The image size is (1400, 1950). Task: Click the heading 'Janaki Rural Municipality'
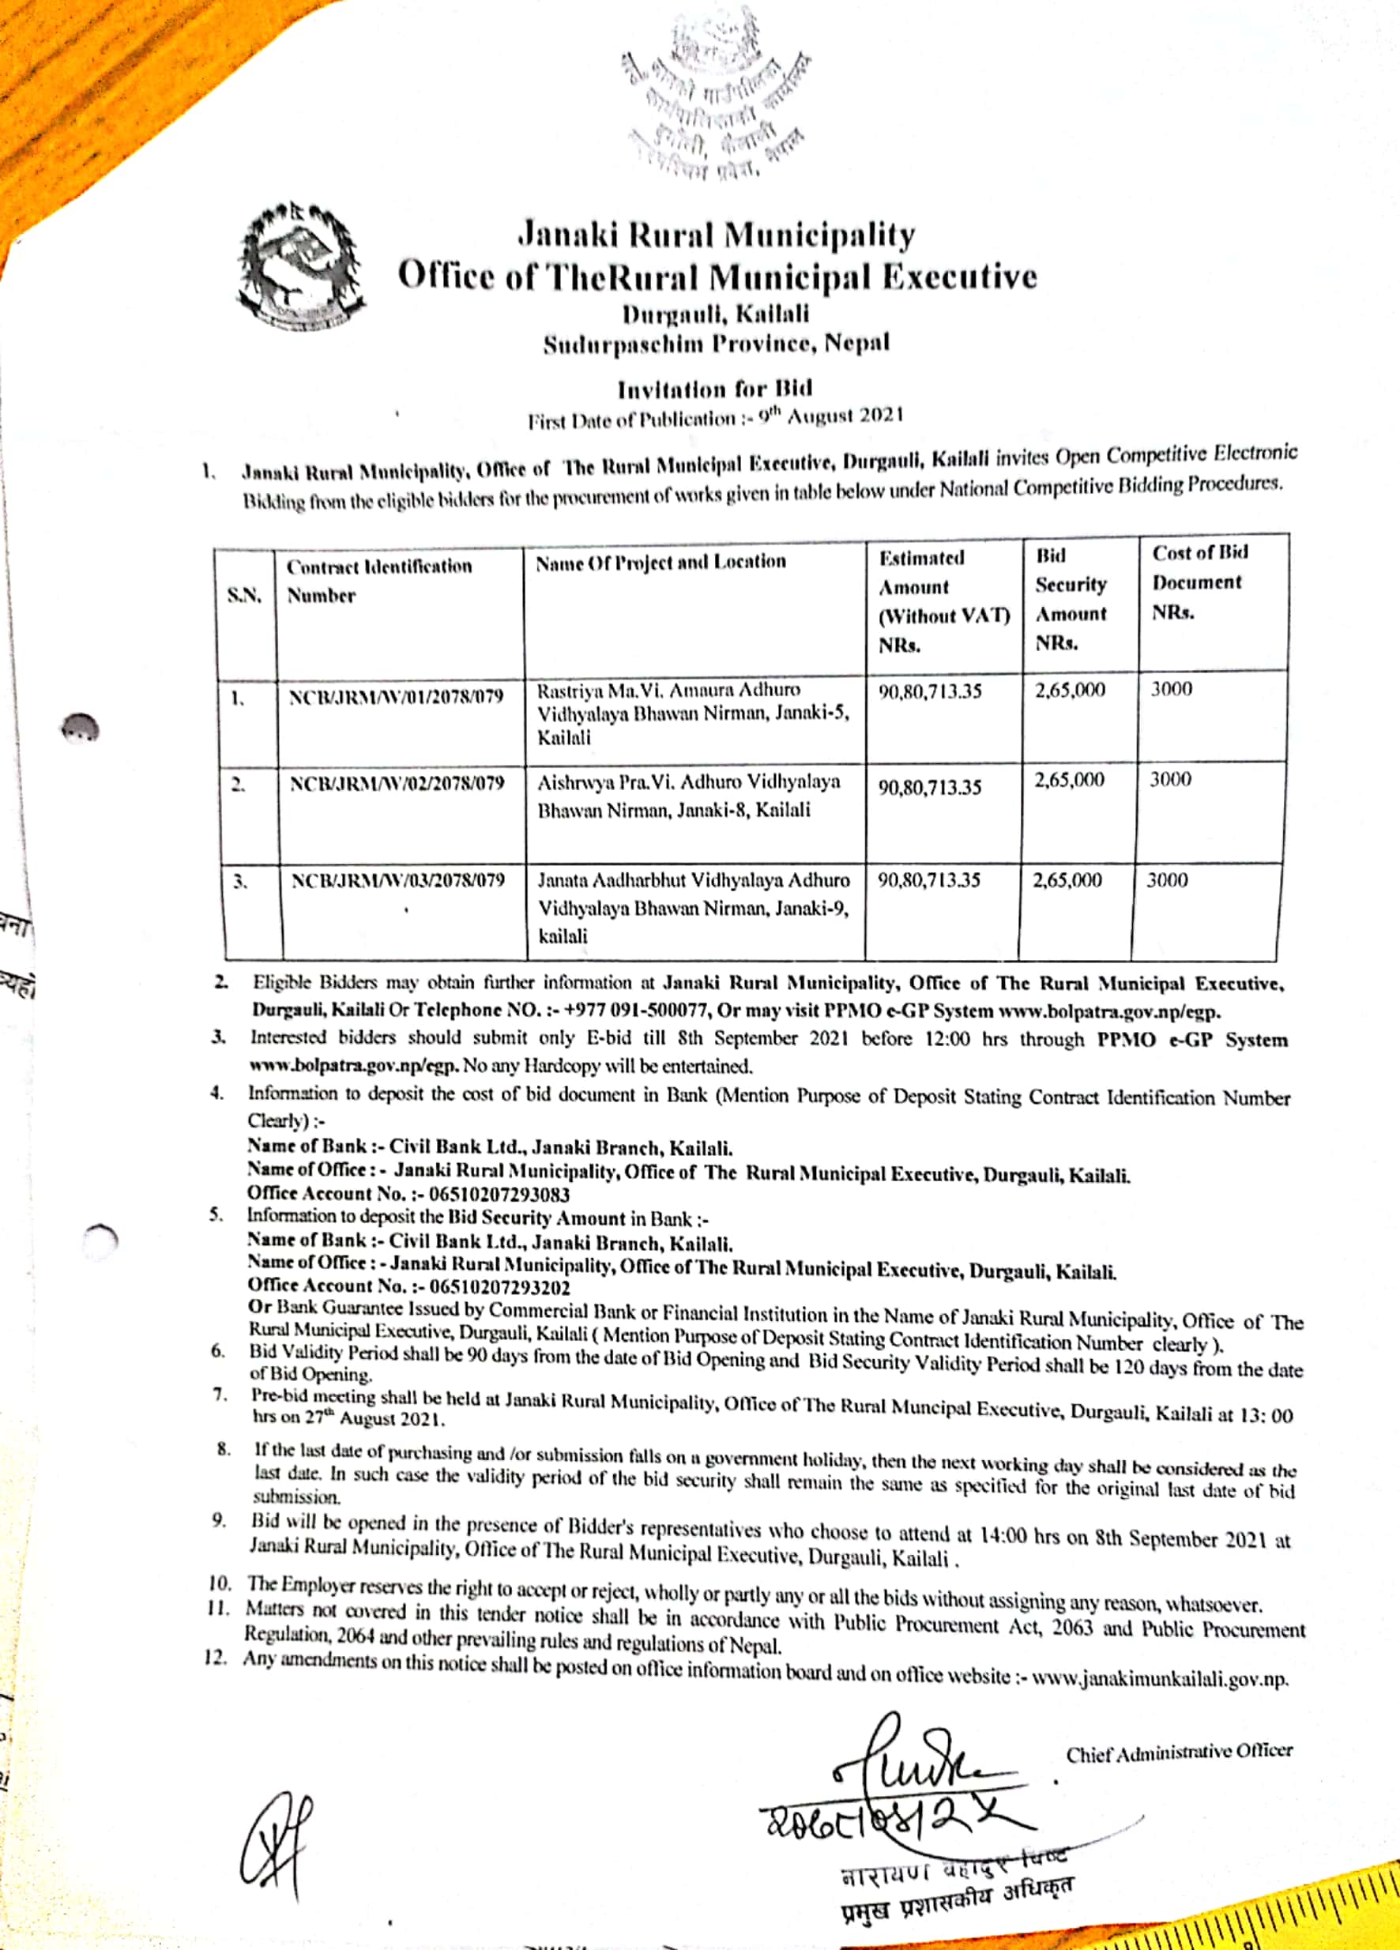(x=717, y=235)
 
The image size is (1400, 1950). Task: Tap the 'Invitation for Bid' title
(x=715, y=390)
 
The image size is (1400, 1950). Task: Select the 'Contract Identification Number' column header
(x=379, y=581)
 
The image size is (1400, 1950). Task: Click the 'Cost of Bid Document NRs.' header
(x=1199, y=582)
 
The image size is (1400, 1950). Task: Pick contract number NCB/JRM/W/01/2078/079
(x=397, y=696)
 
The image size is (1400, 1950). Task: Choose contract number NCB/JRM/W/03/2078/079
(x=398, y=881)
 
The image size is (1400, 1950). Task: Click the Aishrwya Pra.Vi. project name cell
(x=689, y=796)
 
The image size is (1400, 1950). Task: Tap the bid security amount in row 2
(x=1069, y=781)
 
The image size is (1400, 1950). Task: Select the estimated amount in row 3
(x=929, y=879)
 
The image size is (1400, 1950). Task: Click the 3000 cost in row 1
(x=1171, y=689)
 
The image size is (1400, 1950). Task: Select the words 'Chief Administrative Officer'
(x=1179, y=1752)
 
